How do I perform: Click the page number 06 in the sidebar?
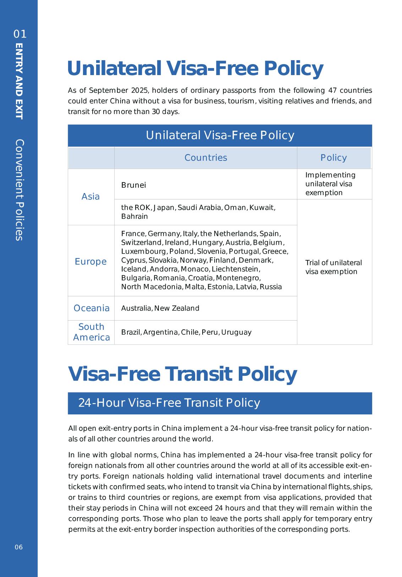(19, 547)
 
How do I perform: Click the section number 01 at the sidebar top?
(20, 34)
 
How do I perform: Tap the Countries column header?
(205, 158)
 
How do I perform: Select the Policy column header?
(334, 158)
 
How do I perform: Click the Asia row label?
(90, 197)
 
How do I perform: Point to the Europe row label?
(90, 261)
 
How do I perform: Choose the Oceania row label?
(92, 308)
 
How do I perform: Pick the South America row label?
(92, 332)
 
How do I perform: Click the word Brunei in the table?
(133, 185)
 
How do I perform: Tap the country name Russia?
(271, 287)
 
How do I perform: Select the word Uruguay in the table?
(236, 332)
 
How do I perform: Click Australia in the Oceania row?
(136, 308)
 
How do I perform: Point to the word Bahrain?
(134, 216)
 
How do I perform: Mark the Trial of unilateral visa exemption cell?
(334, 267)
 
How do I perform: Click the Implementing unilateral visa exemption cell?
(330, 184)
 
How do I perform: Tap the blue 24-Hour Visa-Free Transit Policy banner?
(220, 403)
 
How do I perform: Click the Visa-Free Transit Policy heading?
(182, 374)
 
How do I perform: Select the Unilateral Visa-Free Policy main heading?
(195, 68)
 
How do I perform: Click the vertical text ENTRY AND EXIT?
(19, 81)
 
